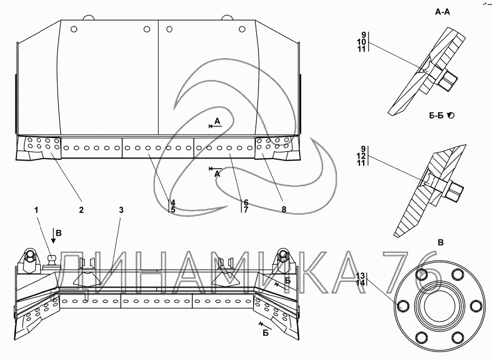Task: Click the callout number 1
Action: [37, 210]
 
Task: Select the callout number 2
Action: [81, 210]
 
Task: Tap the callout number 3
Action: [121, 210]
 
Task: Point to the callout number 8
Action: [284, 210]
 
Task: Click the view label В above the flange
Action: [441, 242]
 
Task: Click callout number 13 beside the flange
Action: [360, 276]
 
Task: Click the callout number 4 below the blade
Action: [172, 201]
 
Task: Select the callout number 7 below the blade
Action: [245, 209]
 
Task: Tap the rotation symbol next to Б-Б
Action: [451, 115]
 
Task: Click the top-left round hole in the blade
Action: [73, 29]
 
